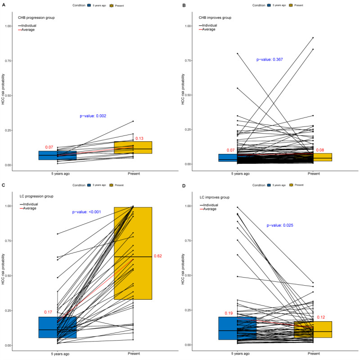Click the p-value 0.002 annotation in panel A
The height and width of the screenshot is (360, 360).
93,116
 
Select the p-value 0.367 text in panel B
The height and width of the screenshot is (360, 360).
270,59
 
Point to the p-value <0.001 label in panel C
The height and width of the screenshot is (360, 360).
86,212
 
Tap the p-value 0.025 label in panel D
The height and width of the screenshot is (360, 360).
280,225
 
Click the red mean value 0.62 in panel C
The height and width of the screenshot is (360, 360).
158,256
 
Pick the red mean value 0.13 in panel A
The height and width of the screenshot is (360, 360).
139,139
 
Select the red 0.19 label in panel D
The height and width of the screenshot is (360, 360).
229,313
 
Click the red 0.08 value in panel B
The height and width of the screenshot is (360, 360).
320,150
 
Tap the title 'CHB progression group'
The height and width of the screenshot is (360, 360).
36,18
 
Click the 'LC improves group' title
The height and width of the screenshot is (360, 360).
215,197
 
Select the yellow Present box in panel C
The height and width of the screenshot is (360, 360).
133,253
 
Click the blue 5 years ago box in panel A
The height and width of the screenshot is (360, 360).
58,155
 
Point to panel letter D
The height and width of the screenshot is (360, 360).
184,185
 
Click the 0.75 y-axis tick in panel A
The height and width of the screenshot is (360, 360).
9,61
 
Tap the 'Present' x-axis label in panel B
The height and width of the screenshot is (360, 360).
314,174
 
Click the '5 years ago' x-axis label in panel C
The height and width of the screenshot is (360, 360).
60,354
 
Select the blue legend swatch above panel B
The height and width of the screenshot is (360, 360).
269,5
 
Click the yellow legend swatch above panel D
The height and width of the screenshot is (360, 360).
291,185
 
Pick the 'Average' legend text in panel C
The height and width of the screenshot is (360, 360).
30,208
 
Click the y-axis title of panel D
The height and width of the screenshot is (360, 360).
183,269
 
